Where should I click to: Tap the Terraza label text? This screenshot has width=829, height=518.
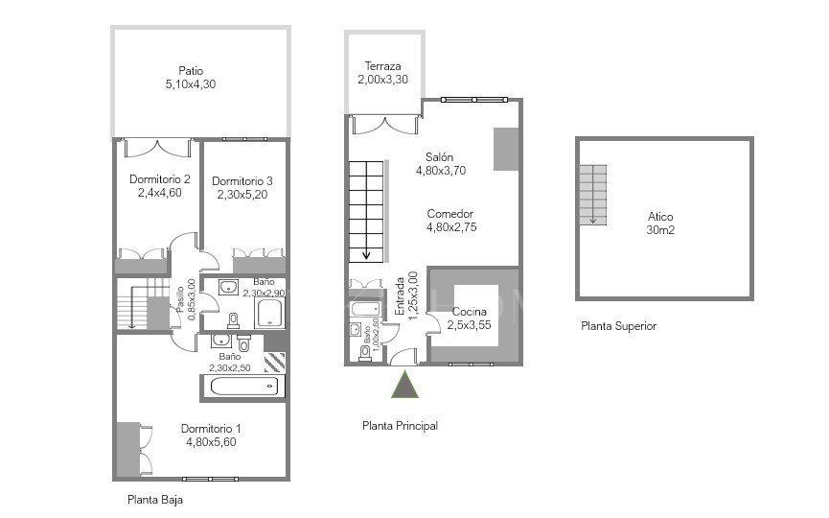(382, 66)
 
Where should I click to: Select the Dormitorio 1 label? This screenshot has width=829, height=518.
(211, 429)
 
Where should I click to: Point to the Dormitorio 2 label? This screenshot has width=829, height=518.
(160, 178)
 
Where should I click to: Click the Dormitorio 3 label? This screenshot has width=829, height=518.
(242, 180)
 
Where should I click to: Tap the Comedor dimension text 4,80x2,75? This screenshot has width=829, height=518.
(451, 227)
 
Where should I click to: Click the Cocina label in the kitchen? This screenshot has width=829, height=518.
(469, 312)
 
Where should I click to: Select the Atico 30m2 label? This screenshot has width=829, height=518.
(660, 217)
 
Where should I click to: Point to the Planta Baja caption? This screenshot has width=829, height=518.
(155, 500)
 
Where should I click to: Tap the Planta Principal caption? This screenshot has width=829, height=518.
(400, 426)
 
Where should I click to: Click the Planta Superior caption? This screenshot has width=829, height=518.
(618, 326)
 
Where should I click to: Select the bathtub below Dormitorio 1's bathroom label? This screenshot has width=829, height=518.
(242, 388)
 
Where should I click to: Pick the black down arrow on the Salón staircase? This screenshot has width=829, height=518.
(366, 254)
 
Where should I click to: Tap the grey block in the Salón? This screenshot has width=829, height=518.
(505, 148)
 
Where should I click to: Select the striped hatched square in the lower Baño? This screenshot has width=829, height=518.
(274, 362)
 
